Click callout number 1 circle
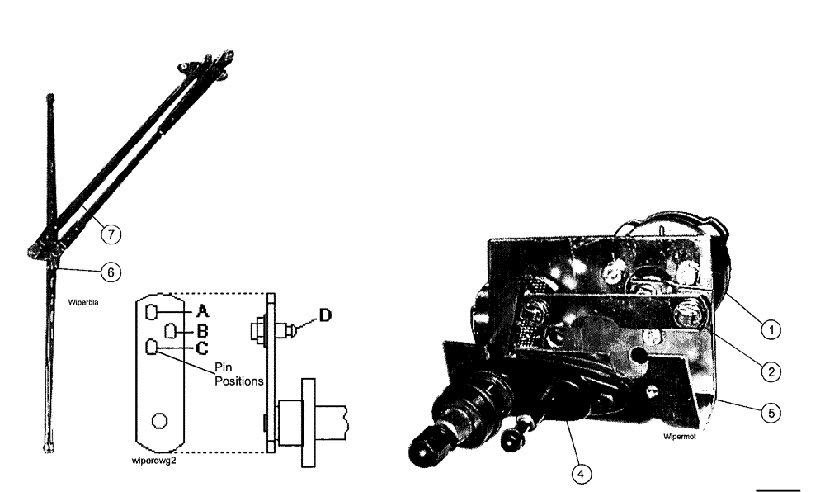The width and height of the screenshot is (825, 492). point(769,331)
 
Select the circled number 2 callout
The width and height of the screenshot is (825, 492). point(769,372)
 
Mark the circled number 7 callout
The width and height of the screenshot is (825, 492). point(111,234)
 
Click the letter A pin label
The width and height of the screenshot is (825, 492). point(203,311)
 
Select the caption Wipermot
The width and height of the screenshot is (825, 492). point(679,437)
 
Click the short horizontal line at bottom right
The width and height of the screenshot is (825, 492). point(778,490)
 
